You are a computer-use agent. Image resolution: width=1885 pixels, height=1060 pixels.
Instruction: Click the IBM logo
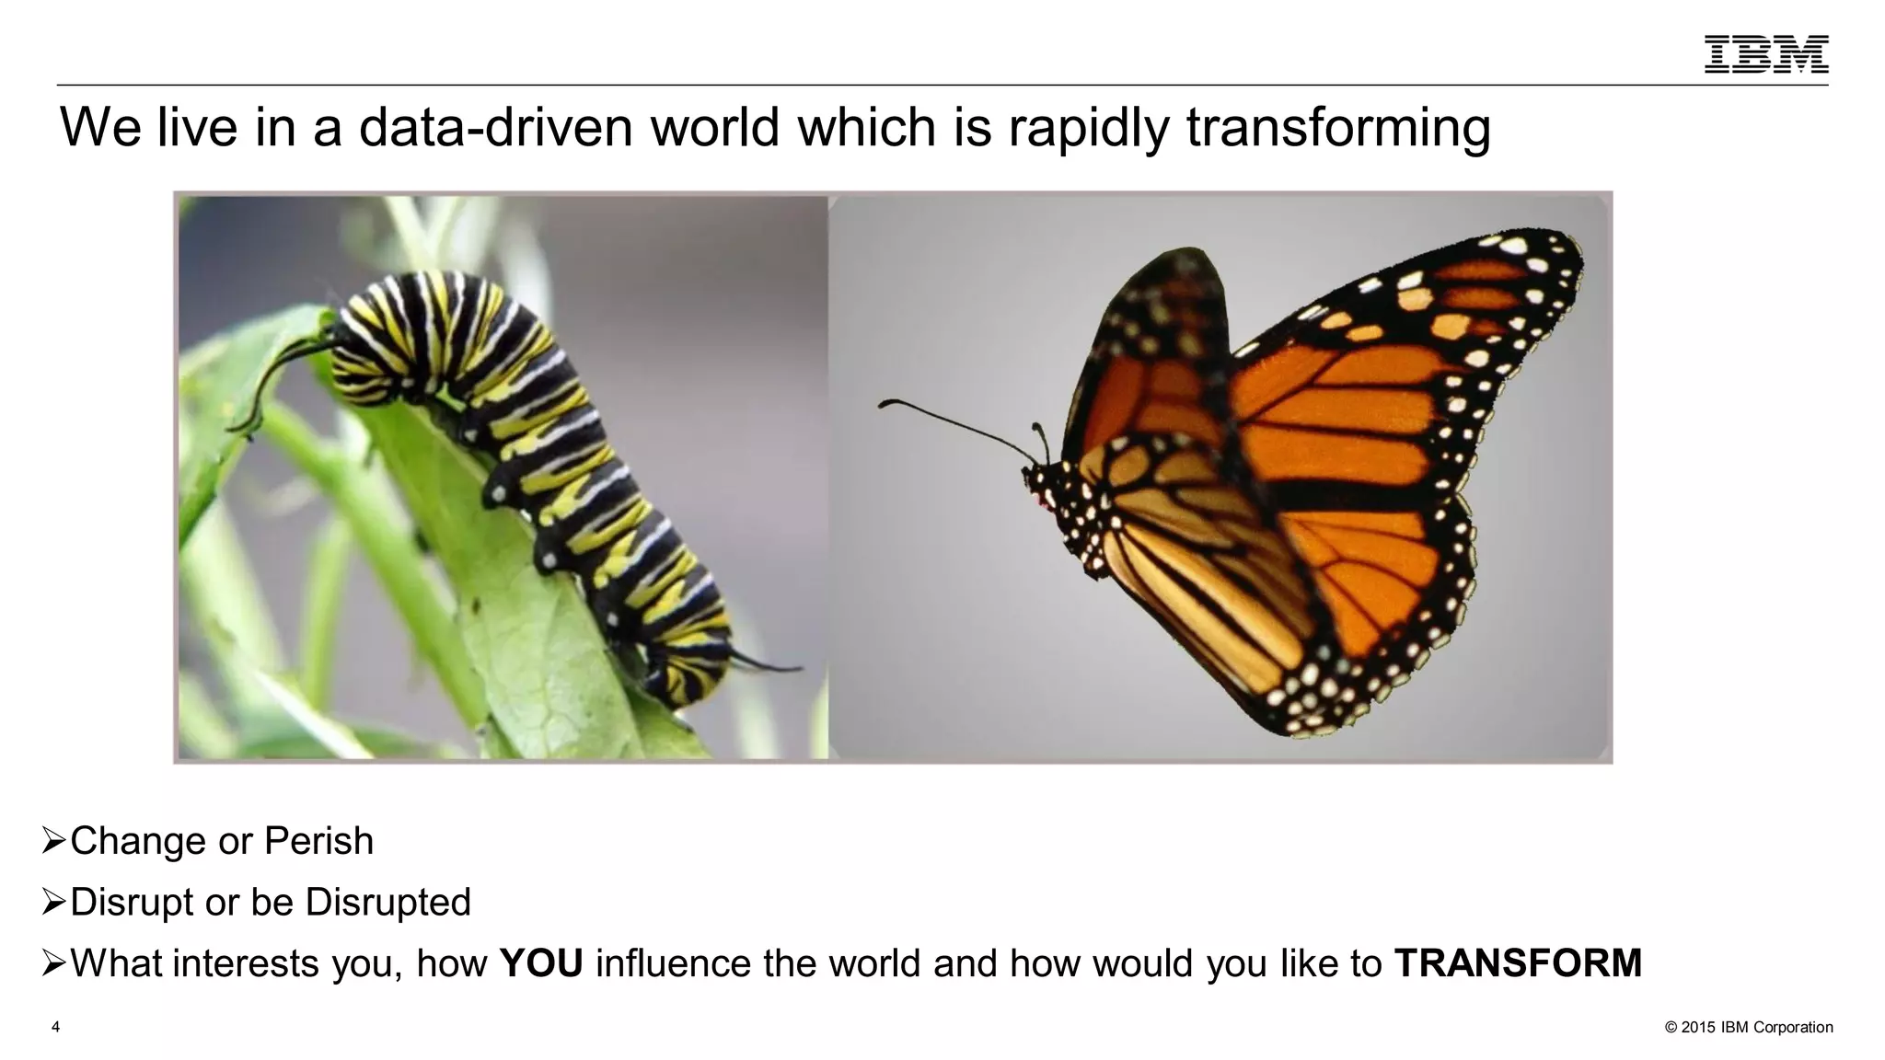click(1765, 54)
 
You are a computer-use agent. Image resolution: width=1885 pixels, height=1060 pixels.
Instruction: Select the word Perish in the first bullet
click(318, 841)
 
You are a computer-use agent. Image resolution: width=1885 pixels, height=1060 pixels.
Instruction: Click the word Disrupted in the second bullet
click(387, 902)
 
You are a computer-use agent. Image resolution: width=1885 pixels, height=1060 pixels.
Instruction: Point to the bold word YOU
click(541, 963)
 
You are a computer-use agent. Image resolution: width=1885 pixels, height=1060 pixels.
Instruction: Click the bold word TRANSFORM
click(1518, 963)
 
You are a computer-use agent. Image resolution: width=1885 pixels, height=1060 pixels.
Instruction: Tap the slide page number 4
click(56, 1027)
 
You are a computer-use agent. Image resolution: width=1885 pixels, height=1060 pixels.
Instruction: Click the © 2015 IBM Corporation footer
click(1749, 1027)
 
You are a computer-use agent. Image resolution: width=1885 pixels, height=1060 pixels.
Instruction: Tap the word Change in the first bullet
click(138, 841)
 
